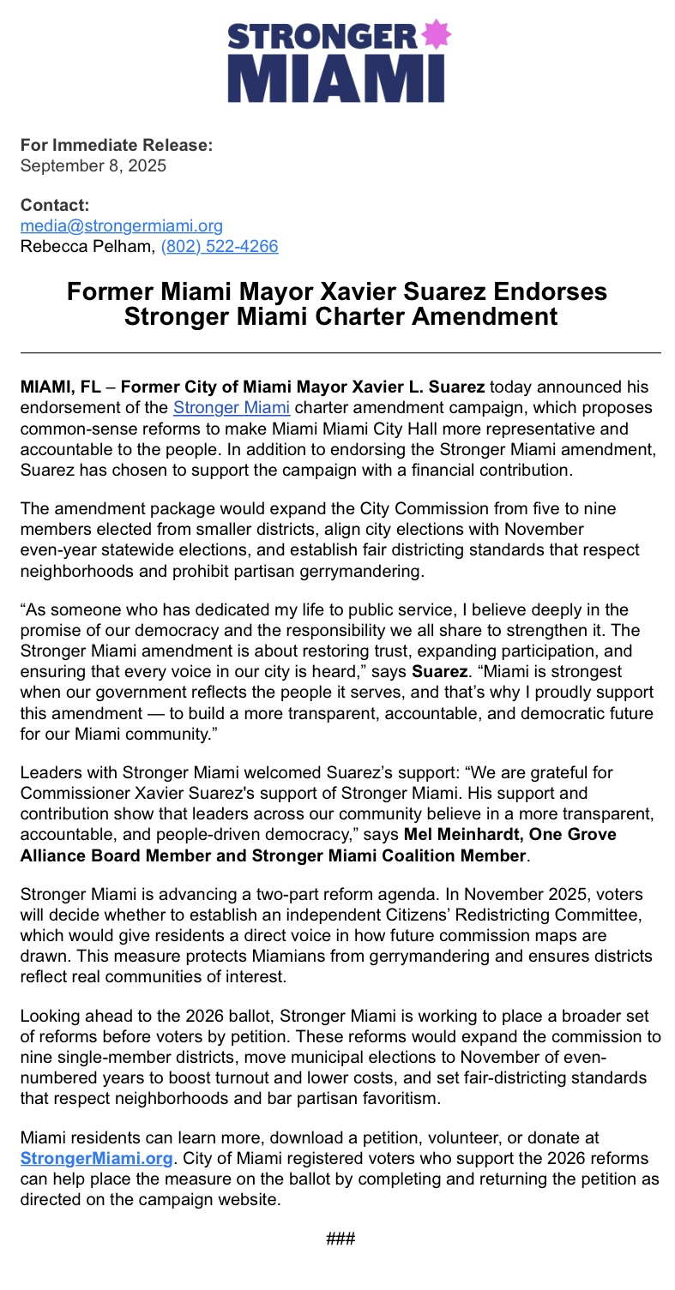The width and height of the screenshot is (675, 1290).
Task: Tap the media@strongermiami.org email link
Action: coord(122,225)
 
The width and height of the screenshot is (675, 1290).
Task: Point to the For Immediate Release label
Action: coord(117,145)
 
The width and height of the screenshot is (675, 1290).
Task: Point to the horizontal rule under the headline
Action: coord(341,352)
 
